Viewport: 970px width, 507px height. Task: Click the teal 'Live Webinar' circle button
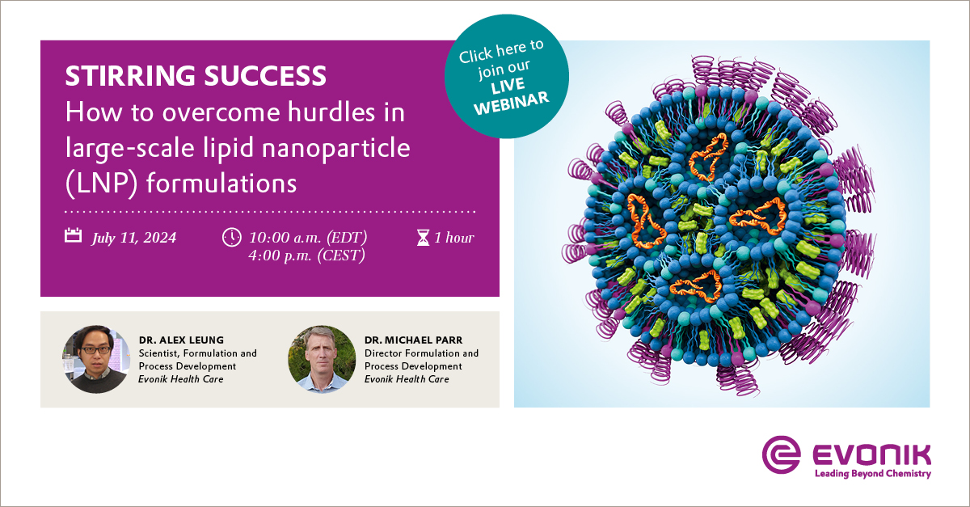(507, 76)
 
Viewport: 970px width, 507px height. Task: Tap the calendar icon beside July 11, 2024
(74, 235)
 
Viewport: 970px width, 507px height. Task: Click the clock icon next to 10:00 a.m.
(232, 238)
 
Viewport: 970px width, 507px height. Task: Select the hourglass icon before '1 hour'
(423, 238)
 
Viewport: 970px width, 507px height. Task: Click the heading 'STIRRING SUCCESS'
(196, 75)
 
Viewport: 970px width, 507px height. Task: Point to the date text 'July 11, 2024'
(134, 238)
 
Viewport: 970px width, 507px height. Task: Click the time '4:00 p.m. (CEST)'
(306, 256)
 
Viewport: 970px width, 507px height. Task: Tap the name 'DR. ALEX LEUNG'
(181, 340)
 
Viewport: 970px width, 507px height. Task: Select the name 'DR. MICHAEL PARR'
(414, 340)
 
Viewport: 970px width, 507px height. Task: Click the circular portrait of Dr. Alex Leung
(96, 359)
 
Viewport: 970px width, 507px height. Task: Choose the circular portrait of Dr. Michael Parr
(322, 359)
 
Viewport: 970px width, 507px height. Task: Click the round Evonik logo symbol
(781, 454)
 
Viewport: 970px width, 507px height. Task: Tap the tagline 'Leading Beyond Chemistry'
(873, 474)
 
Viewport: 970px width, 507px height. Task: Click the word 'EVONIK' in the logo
(871, 455)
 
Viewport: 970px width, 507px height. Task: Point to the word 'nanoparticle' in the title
(336, 149)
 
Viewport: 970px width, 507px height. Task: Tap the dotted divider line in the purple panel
(270, 212)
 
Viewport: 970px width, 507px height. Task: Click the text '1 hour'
(454, 238)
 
